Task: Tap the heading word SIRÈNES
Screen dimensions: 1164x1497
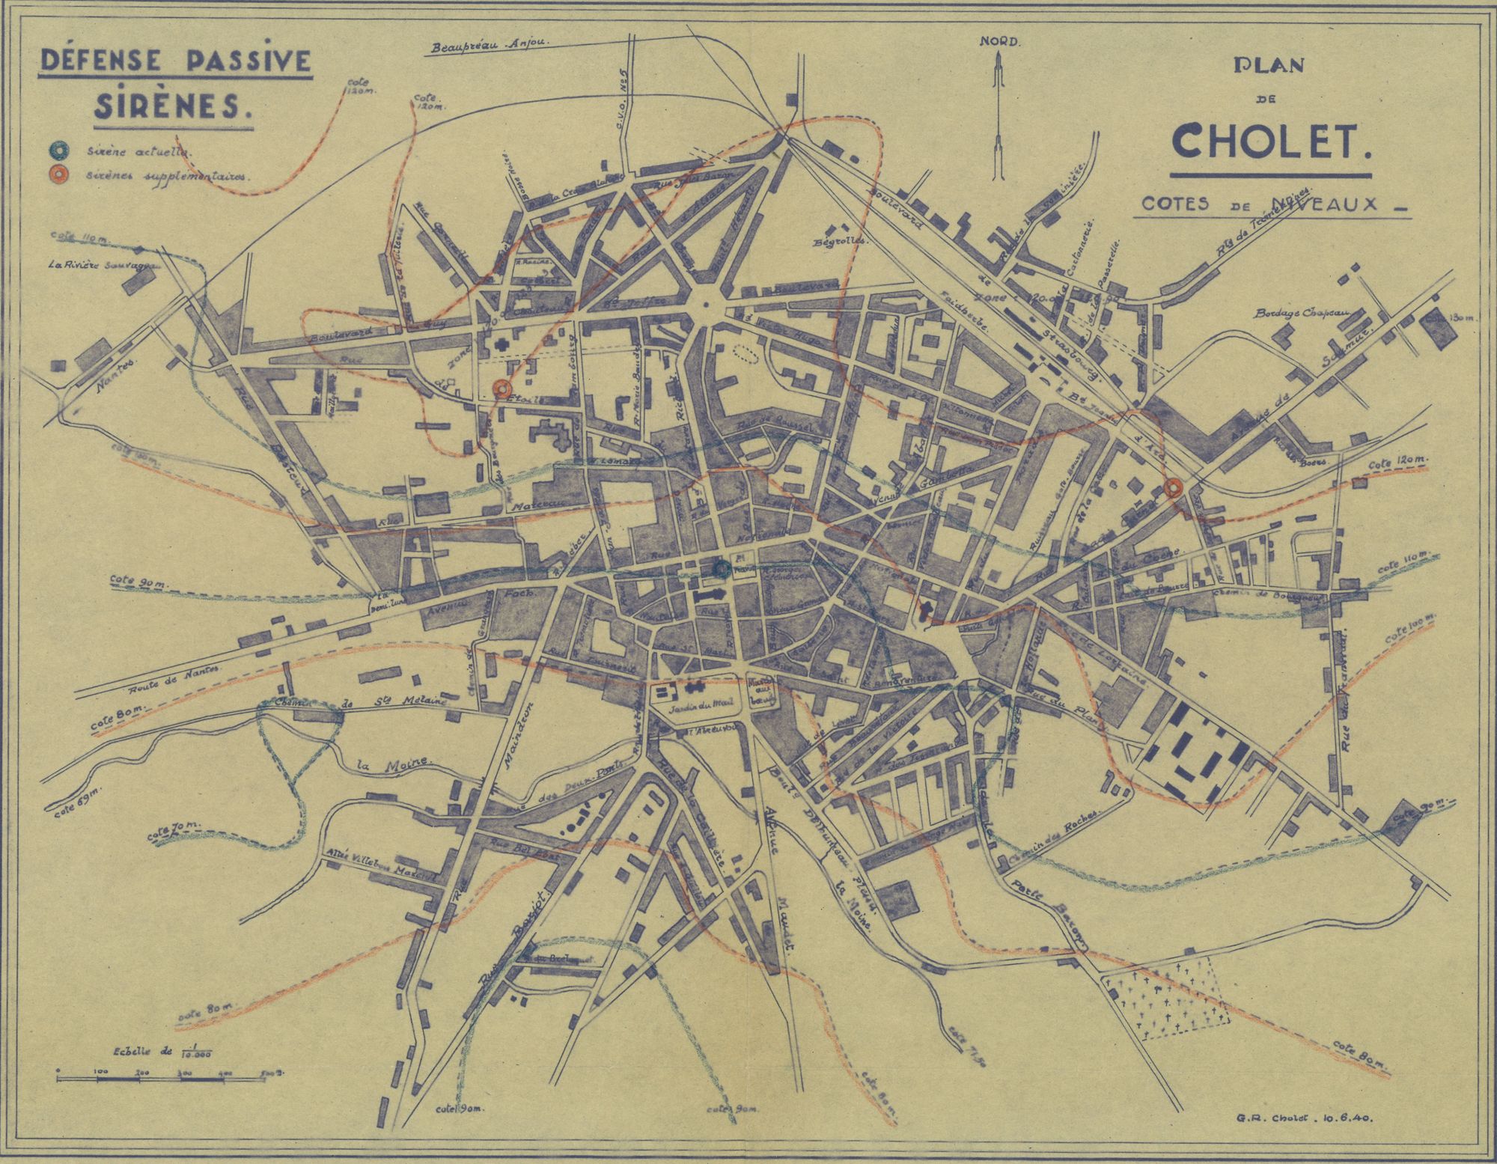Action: tap(172, 106)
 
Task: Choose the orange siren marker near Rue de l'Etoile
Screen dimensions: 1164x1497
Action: tap(501, 388)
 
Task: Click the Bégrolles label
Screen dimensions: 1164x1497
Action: tap(841, 241)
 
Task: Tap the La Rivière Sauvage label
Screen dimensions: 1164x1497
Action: tap(100, 264)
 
